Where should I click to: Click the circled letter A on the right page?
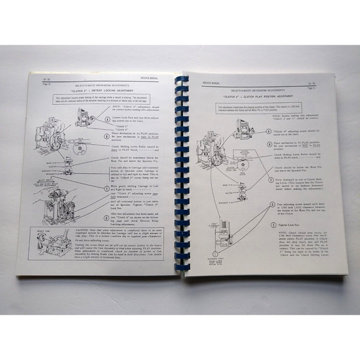(268, 131)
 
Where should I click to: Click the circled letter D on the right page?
(268, 203)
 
